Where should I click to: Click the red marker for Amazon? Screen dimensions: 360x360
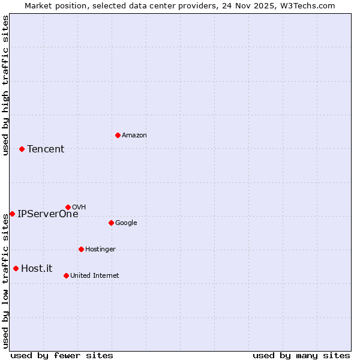(118, 135)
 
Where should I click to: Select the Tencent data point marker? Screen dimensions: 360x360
(22, 149)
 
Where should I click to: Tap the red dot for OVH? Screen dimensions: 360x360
(68, 207)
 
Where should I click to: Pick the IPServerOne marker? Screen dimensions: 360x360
(12, 214)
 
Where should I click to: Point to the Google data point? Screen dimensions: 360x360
(111, 223)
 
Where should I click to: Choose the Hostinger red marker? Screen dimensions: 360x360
(81, 249)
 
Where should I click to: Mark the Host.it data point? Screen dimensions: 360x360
(16, 268)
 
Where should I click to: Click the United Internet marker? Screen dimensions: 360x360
(66, 275)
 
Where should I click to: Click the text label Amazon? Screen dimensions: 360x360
(134, 135)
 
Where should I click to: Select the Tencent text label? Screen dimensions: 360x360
(46, 149)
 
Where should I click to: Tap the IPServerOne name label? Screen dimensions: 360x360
(47, 214)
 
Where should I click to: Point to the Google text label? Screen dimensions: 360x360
(126, 223)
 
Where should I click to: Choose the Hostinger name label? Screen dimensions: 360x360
(100, 249)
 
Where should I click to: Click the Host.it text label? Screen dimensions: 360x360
(37, 268)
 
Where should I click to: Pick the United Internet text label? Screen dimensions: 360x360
(95, 275)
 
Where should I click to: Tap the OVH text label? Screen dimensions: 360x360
(79, 207)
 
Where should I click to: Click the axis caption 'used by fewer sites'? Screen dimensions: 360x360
(62, 355)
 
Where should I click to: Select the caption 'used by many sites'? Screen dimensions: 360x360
(301, 355)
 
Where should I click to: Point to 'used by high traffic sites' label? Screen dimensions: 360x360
(5, 85)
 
